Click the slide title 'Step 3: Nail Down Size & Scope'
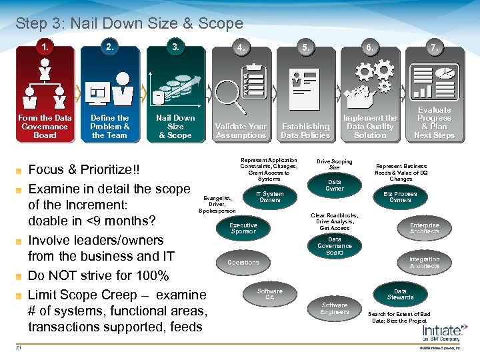pyautogui.click(x=129, y=24)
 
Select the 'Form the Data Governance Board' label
pyautogui.click(x=45, y=126)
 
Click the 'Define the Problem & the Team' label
pyautogui.click(x=110, y=126)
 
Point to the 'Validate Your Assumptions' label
pyautogui.click(x=241, y=131)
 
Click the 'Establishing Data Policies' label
pyautogui.click(x=305, y=131)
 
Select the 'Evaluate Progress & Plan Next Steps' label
pyautogui.click(x=434, y=123)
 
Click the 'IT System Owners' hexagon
pyautogui.click(x=270, y=197)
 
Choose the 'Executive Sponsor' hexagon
pyautogui.click(x=243, y=229)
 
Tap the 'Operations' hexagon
pyautogui.click(x=243, y=263)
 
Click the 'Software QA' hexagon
pyautogui.click(x=270, y=294)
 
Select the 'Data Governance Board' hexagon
pyautogui.click(x=335, y=246)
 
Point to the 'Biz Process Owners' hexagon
pyautogui.click(x=400, y=197)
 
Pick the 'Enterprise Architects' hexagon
pyautogui.click(x=425, y=229)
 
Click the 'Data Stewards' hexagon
pyautogui.click(x=400, y=294)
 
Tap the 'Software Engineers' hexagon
pyautogui.click(x=335, y=309)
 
